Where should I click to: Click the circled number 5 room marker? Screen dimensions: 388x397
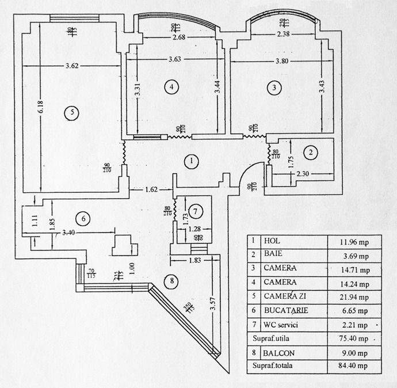pyautogui.click(x=71, y=112)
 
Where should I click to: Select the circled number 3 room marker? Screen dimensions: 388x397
pyautogui.click(x=275, y=87)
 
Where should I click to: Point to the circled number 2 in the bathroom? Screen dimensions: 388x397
pyautogui.click(x=311, y=152)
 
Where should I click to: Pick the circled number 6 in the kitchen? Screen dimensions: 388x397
pyautogui.click(x=83, y=218)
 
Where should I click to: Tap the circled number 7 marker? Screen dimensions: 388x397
pyautogui.click(x=196, y=212)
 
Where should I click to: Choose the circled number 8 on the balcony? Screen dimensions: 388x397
pyautogui.click(x=171, y=282)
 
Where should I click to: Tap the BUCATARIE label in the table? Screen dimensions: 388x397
pyautogui.click(x=286, y=310)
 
